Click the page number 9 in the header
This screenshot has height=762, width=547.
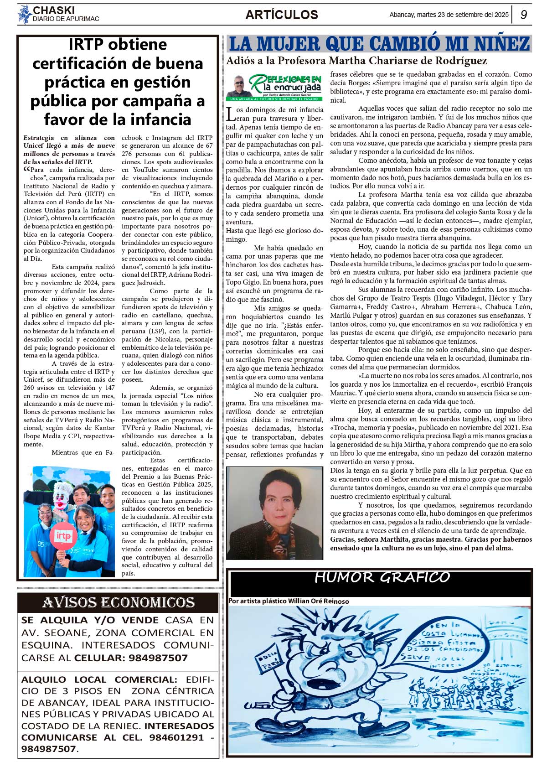tap(524, 15)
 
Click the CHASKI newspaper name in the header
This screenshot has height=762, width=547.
tap(54, 10)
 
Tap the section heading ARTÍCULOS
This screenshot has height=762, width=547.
tap(282, 15)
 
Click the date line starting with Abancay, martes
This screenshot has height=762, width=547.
tap(449, 15)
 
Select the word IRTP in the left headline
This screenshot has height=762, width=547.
tap(87, 45)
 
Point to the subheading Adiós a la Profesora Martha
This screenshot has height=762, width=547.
tap(356, 61)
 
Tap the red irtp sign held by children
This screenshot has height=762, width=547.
tap(63, 536)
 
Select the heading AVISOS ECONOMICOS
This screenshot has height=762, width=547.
tap(118, 603)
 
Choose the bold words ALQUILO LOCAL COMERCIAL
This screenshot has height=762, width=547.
tap(99, 679)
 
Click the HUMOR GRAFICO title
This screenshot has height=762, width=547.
tap(382, 577)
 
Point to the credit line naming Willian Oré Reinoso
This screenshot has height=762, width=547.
tap(289, 601)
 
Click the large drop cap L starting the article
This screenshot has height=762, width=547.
tap(231, 114)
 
